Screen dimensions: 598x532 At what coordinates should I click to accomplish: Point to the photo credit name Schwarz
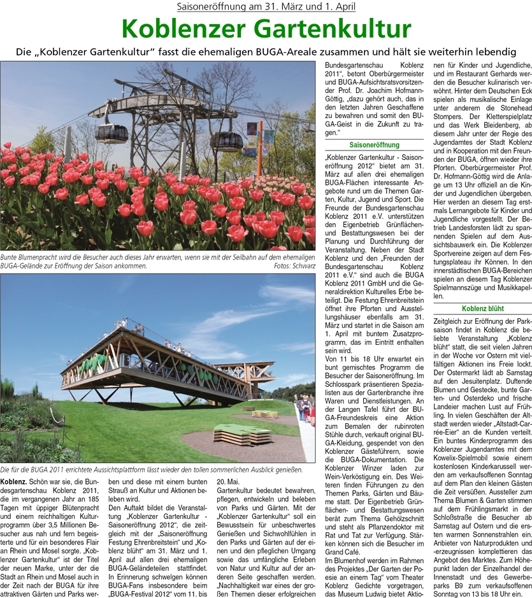point(299,266)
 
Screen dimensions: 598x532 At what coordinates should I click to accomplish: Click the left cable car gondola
point(112,133)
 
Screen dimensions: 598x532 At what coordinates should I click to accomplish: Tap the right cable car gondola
point(226,140)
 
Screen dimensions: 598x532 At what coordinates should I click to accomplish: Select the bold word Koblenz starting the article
point(13,479)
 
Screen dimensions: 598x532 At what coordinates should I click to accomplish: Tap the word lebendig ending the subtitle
point(489,50)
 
